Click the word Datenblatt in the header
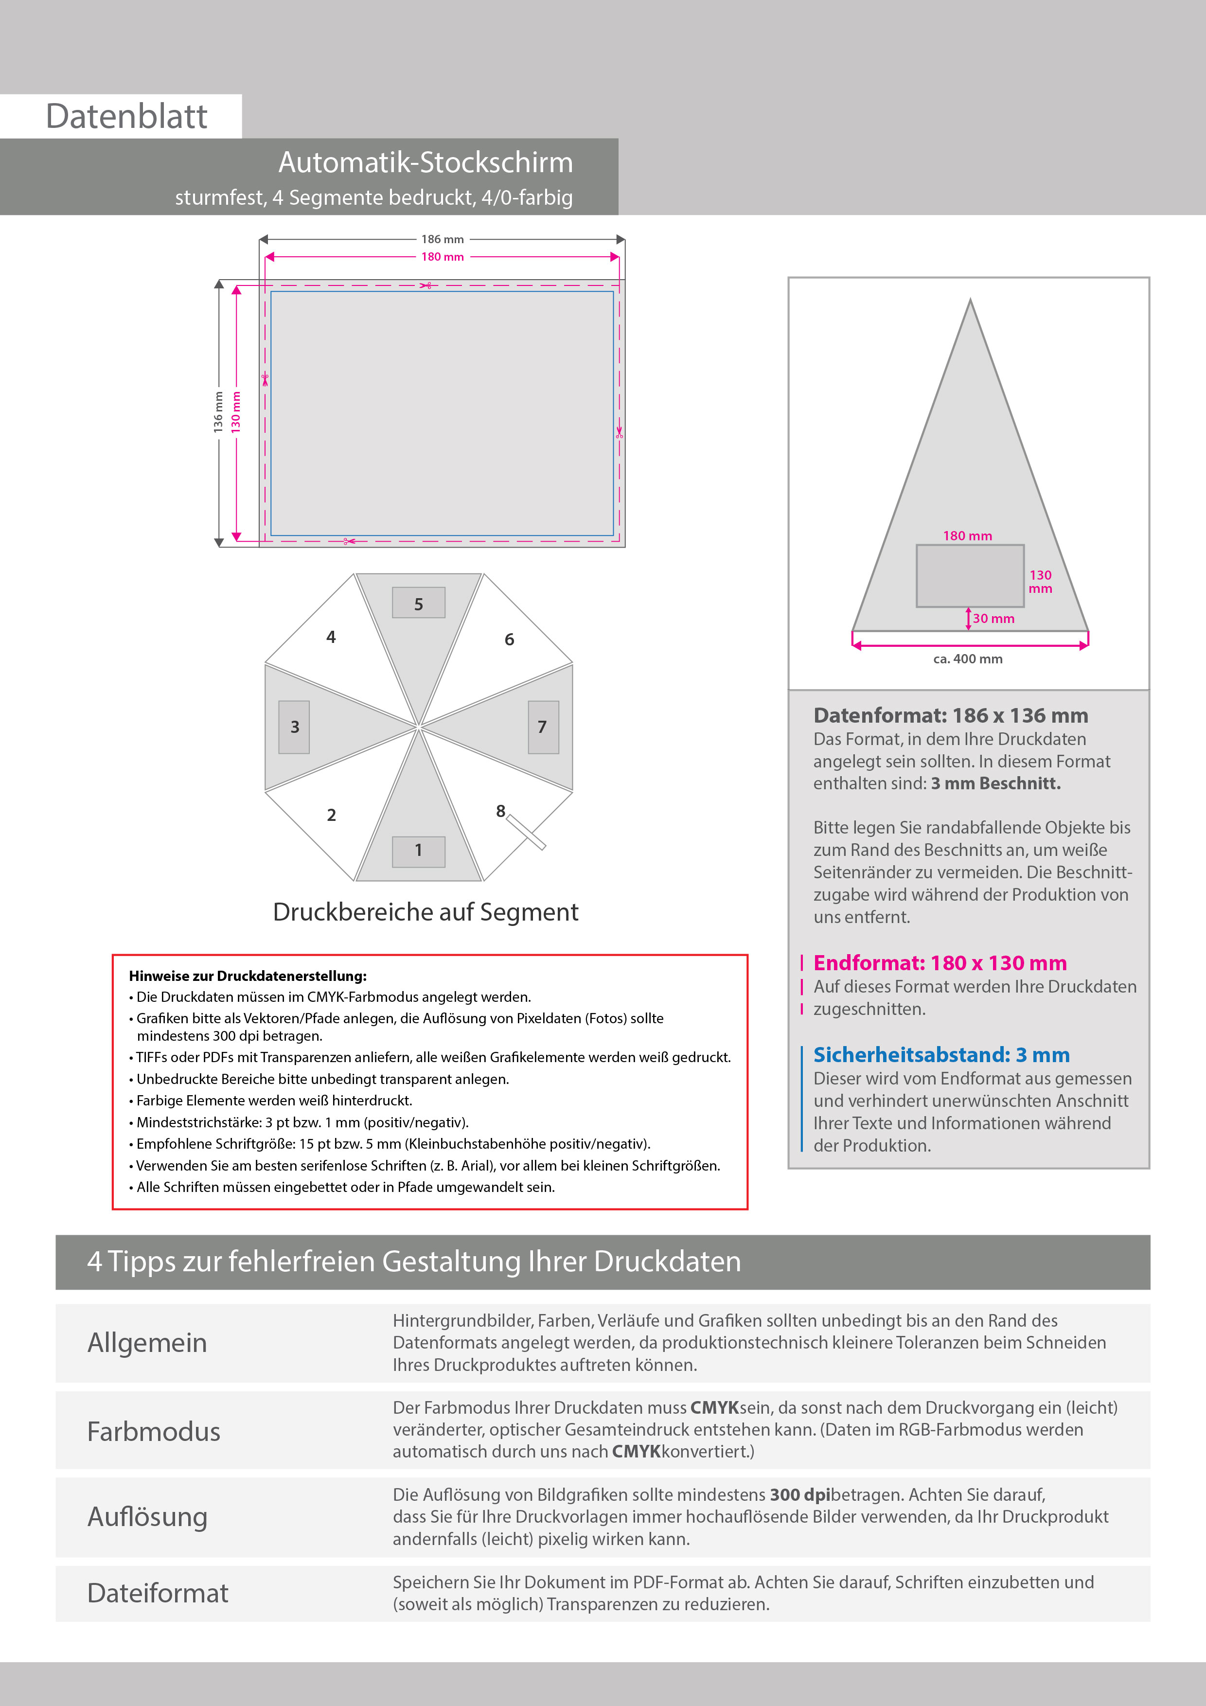click(126, 117)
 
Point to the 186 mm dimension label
click(442, 239)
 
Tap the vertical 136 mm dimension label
click(218, 412)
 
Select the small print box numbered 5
click(418, 604)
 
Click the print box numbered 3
click(294, 727)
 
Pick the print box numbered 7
click(543, 727)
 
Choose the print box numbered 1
click(418, 851)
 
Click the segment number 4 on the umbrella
click(331, 637)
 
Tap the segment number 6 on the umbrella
click(509, 639)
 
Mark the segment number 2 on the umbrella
click(332, 815)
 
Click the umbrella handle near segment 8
click(527, 832)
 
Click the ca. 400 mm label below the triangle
click(968, 659)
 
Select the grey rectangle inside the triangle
click(970, 576)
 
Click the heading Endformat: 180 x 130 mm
click(940, 963)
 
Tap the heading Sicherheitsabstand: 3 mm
click(941, 1055)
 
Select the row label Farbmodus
click(154, 1432)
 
